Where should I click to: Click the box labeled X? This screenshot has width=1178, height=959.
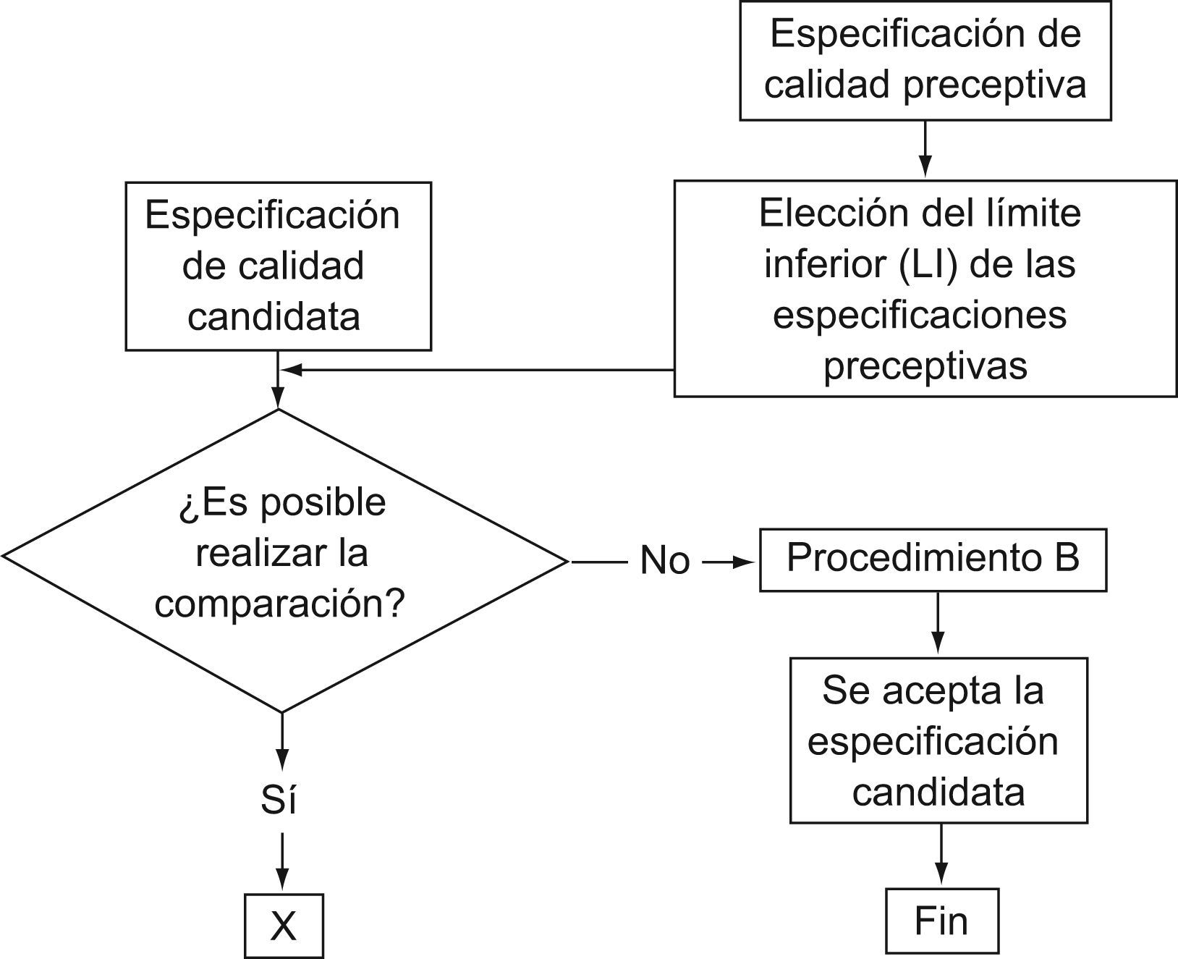tap(284, 926)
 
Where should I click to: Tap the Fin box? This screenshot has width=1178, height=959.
tap(941, 921)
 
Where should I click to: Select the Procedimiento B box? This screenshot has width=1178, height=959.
tap(933, 559)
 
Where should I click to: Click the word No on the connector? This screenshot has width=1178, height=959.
tap(665, 561)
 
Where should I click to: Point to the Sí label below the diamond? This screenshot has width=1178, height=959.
tap(279, 800)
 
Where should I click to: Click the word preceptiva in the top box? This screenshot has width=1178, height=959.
tap(995, 85)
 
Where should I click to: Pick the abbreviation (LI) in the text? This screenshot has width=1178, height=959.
tap(929, 264)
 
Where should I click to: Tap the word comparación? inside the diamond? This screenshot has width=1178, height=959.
tap(279, 604)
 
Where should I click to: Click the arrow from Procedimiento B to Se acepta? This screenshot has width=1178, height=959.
tap(938, 624)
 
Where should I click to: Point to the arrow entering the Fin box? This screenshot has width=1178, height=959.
tap(941, 856)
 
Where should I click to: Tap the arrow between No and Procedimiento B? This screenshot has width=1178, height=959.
tap(728, 562)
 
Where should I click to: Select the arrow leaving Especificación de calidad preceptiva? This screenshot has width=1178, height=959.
tap(925, 149)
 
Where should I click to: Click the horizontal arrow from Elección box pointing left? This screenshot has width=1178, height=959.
tap(478, 370)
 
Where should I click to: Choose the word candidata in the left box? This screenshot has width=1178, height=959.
tap(274, 316)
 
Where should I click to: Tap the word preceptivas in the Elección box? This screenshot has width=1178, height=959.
tap(925, 366)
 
